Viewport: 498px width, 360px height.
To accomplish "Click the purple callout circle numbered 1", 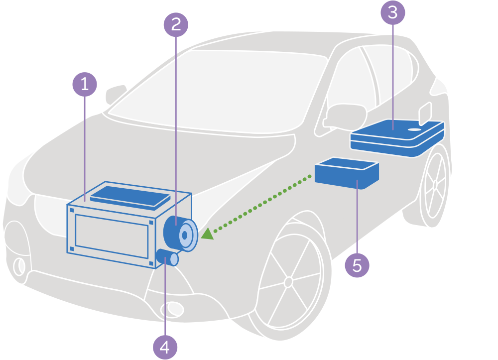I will pyautogui.click(x=85, y=84).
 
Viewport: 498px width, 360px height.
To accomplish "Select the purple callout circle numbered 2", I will pyautogui.click(x=176, y=24).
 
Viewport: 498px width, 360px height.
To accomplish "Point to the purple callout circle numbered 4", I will pyautogui.click(x=165, y=347).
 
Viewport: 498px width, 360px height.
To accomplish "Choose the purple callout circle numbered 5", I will pyautogui.click(x=357, y=265).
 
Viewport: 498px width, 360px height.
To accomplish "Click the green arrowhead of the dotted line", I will pyautogui.click(x=207, y=233).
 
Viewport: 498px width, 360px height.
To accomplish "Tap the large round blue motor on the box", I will pyautogui.click(x=180, y=233).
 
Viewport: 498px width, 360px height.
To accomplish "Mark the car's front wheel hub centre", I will pyautogui.click(x=288, y=282).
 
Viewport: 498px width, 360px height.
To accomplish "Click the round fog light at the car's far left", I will pyautogui.click(x=19, y=266).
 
